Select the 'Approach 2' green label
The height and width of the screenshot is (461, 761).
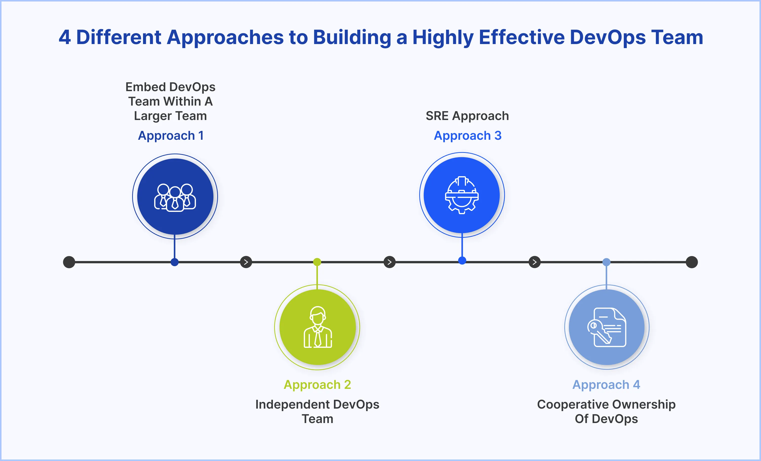tap(317, 385)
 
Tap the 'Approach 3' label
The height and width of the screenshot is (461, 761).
tap(467, 135)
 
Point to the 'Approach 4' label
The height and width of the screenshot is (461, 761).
tap(606, 385)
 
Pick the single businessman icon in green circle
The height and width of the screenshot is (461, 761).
tap(317, 327)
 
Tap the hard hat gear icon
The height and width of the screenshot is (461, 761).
tap(462, 195)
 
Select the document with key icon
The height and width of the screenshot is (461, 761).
tap(607, 327)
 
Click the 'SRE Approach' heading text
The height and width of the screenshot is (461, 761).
tap(467, 116)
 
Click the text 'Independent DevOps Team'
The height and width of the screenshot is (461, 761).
tap(317, 411)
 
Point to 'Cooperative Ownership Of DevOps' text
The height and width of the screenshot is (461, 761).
tap(606, 411)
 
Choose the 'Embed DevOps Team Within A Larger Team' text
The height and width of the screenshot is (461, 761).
tap(170, 101)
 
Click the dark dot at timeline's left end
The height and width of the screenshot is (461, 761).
tap(69, 262)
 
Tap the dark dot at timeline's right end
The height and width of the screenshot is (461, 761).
tap(692, 262)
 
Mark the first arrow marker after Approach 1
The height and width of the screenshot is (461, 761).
tap(246, 262)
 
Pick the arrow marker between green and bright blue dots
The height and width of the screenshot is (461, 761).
tap(389, 262)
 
